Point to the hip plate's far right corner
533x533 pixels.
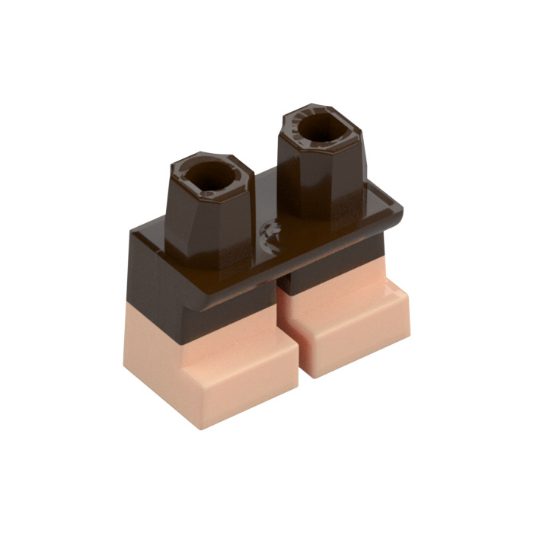[401, 204]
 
